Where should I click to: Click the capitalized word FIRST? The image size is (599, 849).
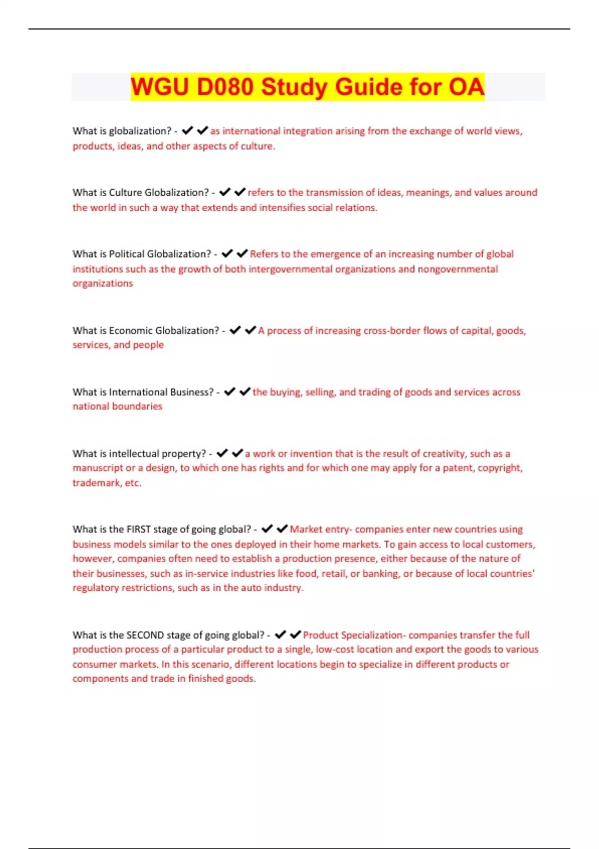click(x=138, y=529)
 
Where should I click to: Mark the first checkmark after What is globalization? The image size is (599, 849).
click(x=187, y=131)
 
